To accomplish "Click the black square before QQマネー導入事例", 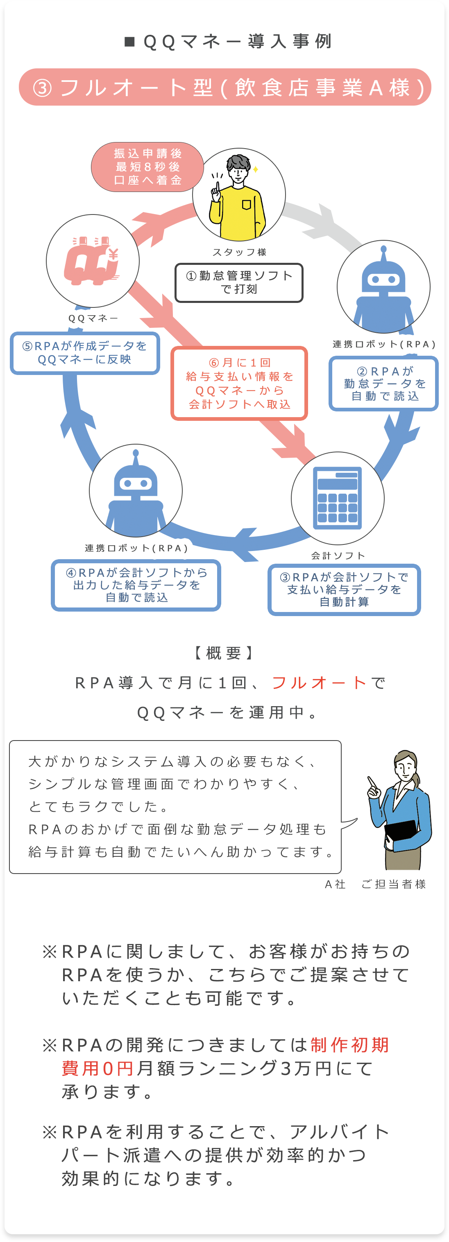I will tap(129, 42).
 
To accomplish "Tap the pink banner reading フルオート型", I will tap(225, 87).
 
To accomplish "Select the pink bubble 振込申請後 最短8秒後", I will tap(147, 167).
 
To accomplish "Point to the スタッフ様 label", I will tap(239, 252).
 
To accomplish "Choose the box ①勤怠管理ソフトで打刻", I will tap(239, 282).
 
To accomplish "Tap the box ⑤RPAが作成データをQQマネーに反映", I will tap(85, 353).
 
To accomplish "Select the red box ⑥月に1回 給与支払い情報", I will tap(239, 383).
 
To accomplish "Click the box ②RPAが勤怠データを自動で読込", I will tap(384, 384).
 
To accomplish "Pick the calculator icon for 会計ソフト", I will tap(338, 498).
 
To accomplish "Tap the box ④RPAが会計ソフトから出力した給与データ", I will tap(136, 585).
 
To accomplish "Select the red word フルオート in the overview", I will tap(319, 683).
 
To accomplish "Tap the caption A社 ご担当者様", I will tap(375, 884).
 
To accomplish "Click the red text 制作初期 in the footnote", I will tap(349, 1045).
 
